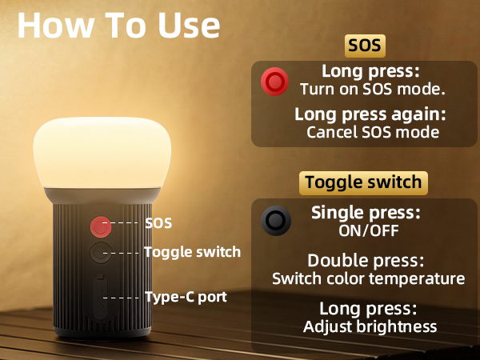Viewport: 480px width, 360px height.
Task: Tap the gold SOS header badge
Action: coord(363,46)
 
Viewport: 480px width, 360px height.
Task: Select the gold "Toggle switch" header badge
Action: coord(363,182)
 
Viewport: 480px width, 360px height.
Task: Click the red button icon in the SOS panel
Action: coord(275,81)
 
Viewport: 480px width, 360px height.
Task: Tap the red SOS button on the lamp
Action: coord(100,226)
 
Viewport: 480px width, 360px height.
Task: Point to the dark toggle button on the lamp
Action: coord(100,253)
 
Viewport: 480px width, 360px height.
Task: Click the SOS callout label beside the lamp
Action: coord(158,223)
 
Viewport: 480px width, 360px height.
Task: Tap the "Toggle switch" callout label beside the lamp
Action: coord(192,252)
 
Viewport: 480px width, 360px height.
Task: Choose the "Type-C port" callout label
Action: coord(186,297)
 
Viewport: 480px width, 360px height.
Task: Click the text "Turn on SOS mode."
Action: coord(372,88)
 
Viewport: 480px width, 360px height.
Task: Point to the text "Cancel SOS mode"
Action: coord(373,132)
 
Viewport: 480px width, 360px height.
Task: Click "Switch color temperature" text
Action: coord(368,279)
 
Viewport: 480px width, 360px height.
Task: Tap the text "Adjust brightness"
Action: coord(370,326)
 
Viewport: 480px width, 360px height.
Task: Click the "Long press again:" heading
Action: coord(370,114)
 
